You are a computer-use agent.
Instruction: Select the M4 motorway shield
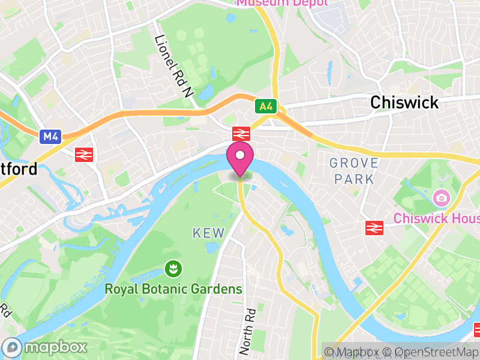point(50,137)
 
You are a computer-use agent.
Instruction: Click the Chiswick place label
point(404,102)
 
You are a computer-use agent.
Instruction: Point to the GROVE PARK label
point(354,170)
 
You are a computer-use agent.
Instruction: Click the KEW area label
point(208,233)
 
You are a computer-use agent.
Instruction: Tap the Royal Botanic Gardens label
point(173,289)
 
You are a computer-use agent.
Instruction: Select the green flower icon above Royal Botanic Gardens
point(173,268)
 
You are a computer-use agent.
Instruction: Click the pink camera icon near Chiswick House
point(441,197)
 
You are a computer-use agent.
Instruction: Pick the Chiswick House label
point(436,218)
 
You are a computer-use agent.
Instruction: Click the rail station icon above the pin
point(241,133)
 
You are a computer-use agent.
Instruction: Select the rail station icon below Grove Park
point(374,227)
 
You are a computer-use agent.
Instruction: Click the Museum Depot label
point(282,3)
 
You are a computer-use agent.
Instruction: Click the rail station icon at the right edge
point(477,329)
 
